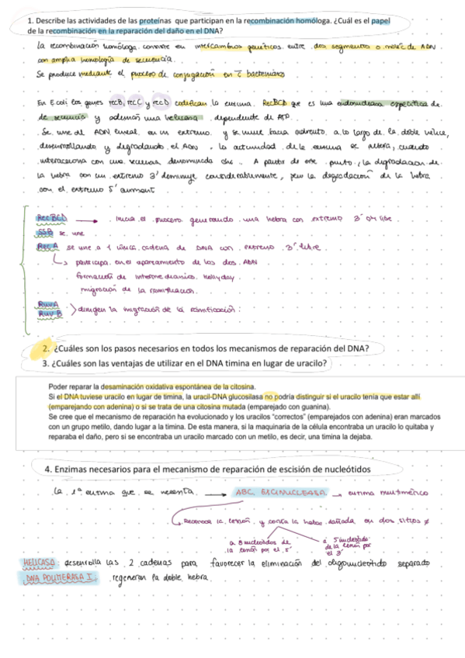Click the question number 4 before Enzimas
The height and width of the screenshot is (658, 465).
47,469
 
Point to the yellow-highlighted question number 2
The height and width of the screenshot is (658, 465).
47,348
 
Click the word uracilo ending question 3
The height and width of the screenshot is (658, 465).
311,362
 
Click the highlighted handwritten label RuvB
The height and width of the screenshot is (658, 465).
50,313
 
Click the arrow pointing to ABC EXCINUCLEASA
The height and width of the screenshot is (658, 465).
215,492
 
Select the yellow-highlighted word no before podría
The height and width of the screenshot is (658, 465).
269,396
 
